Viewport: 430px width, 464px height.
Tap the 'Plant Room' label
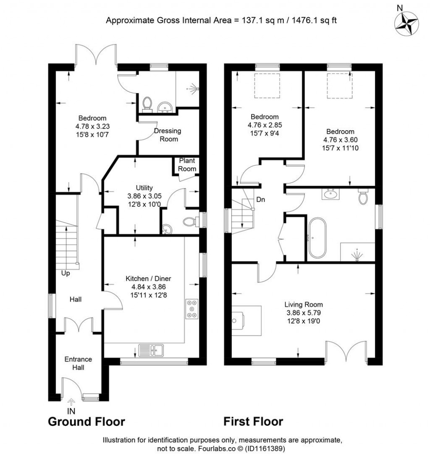pos(187,165)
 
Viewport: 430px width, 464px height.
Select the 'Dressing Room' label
pos(168,135)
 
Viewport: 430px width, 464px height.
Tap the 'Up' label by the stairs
pos(65,273)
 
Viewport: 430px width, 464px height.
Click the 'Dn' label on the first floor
pos(261,200)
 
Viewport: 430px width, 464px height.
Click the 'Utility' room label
pos(144,188)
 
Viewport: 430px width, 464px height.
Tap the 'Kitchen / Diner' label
pos(149,278)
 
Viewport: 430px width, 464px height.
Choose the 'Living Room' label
pos(304,305)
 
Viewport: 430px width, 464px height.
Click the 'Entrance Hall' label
pos(78,364)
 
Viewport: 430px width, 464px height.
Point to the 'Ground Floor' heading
pos(87,421)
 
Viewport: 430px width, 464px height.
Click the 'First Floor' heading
pos(253,421)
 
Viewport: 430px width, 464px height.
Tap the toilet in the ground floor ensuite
pos(147,103)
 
